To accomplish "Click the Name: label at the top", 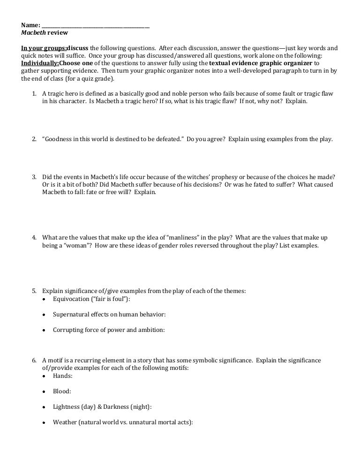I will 30,25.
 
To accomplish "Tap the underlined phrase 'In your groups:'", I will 44,48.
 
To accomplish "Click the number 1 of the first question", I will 34,93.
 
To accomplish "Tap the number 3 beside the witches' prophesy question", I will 34,177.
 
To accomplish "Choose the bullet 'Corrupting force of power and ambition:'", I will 109,330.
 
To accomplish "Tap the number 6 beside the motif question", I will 34,360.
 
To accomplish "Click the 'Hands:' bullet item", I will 62,376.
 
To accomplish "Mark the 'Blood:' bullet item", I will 62,391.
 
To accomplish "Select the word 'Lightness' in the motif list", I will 66,406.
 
